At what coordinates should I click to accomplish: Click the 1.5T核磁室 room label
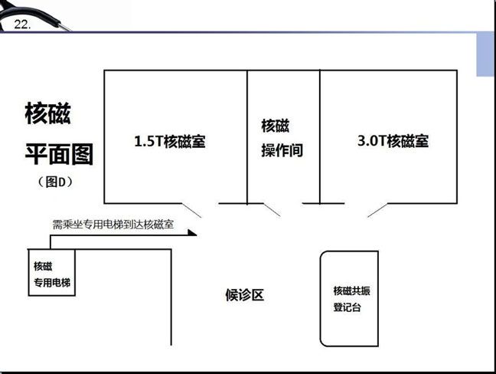[170, 141]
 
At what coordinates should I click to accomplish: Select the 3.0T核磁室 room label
[393, 140]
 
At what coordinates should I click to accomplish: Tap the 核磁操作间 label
[282, 138]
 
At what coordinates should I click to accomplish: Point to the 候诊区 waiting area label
[244, 295]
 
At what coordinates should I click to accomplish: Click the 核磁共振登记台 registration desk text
[351, 299]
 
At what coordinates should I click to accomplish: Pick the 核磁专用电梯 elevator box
[52, 273]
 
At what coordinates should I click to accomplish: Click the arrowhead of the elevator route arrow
[192, 233]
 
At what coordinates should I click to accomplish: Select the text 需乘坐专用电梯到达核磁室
[113, 225]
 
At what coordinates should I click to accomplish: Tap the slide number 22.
[22, 25]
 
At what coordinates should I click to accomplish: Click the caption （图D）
[56, 182]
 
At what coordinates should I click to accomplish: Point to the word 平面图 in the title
[59, 154]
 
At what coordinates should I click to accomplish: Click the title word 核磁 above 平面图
[47, 113]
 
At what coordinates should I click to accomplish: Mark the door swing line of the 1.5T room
[191, 210]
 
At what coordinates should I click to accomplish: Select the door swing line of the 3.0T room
[377, 210]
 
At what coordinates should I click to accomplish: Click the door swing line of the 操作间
[272, 210]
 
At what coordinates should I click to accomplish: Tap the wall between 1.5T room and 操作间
[247, 137]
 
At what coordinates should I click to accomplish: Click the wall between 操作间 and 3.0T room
[320, 137]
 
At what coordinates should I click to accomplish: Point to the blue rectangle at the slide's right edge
[485, 54]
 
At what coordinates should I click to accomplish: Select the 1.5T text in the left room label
[148, 141]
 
